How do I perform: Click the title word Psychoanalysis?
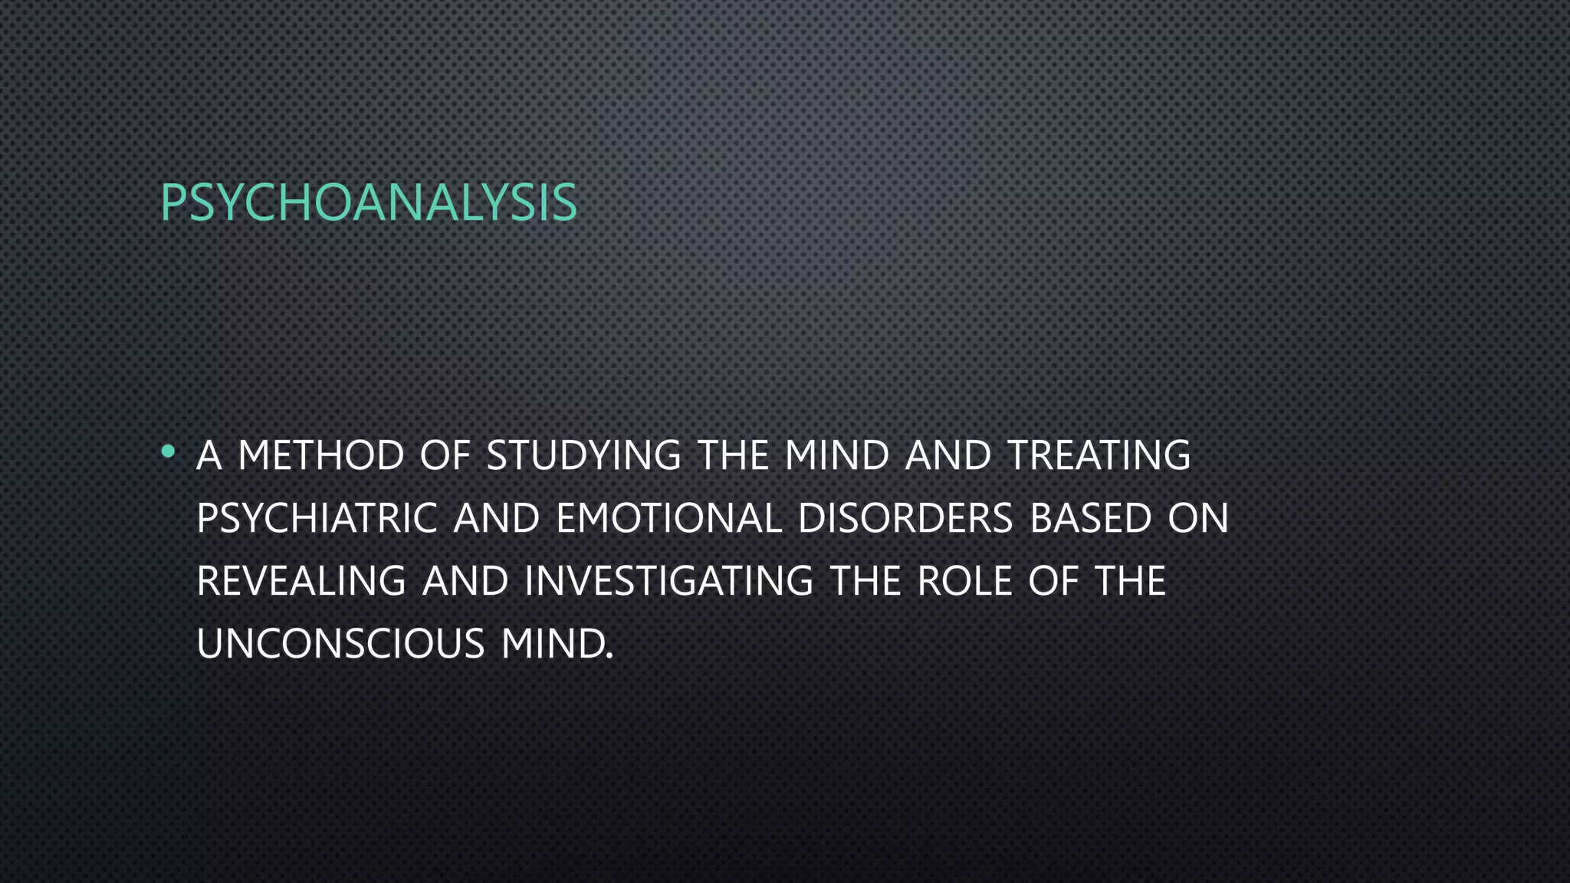[368, 203]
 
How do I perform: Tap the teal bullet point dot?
[168, 452]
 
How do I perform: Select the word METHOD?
[321, 455]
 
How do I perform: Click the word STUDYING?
[583, 455]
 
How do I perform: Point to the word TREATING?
[1099, 455]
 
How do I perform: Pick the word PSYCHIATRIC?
[317, 518]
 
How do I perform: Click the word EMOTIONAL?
[668, 518]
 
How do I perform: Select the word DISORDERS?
[905, 518]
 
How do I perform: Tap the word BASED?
[1091, 518]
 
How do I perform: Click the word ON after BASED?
[1198, 518]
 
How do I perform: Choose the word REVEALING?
[301, 581]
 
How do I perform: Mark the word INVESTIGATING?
[668, 581]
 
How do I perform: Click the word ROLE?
[964, 581]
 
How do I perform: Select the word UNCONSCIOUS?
[340, 644]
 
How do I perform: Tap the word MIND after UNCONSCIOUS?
[557, 644]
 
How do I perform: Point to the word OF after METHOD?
[445, 455]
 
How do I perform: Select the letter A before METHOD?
[209, 455]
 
